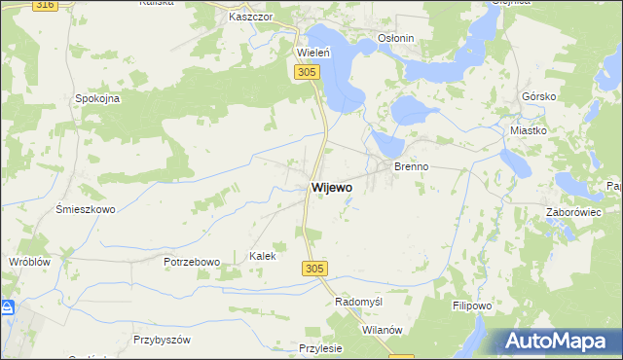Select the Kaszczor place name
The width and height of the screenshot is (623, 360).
(x=248, y=18)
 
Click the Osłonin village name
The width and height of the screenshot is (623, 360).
(x=396, y=39)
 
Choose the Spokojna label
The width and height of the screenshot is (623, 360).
(x=97, y=98)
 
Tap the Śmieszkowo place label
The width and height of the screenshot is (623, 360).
(x=86, y=209)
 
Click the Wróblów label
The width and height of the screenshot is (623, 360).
(x=28, y=263)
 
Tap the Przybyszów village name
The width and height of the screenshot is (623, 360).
(x=163, y=340)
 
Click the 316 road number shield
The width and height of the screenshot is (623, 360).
(x=43, y=5)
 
